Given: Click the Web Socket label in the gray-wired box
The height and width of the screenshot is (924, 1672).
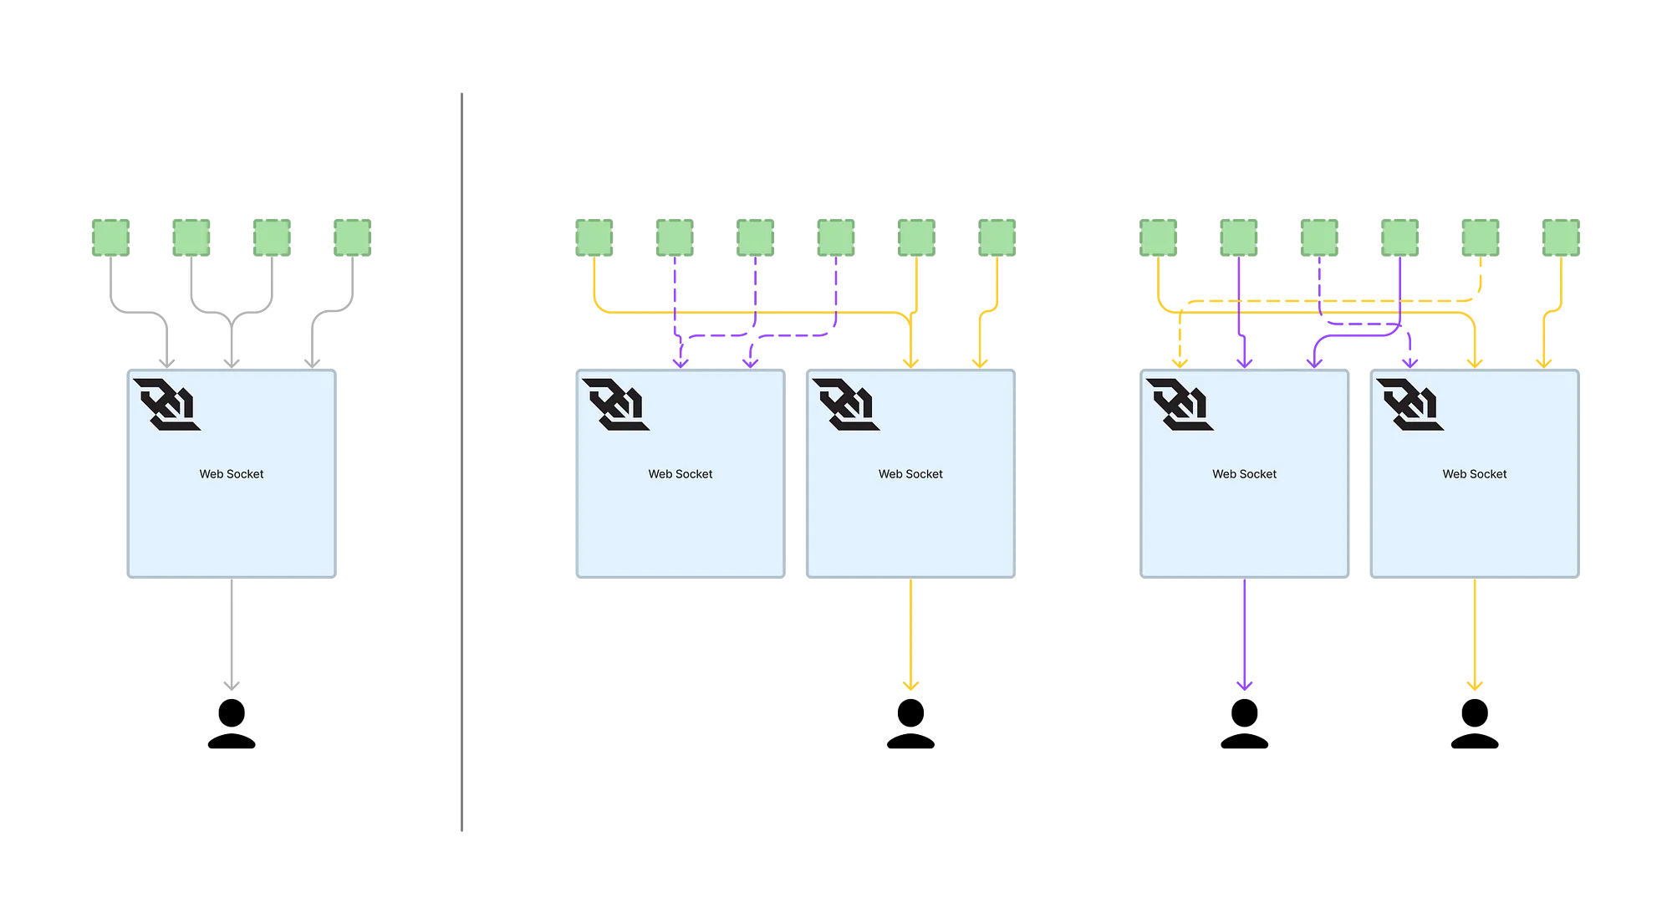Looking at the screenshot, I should (x=232, y=474).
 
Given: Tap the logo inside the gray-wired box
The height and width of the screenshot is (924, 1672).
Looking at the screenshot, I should (x=167, y=404).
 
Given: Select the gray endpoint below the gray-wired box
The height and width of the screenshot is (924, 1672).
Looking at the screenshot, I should (x=233, y=685).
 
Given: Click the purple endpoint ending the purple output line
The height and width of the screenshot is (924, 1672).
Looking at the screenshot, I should (x=1245, y=685).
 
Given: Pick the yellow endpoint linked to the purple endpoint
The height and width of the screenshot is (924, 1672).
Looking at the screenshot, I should (x=911, y=686).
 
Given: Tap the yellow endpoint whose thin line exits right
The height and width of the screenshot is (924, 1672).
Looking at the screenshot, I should (x=1475, y=686).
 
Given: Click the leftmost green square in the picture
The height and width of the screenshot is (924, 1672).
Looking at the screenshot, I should (x=110, y=237).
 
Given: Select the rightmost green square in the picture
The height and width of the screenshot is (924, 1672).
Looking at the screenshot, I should (x=1562, y=237).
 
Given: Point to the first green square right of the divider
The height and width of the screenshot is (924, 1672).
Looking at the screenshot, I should (x=592, y=237).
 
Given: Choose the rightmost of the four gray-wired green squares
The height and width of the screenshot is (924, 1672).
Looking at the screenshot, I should (x=351, y=237).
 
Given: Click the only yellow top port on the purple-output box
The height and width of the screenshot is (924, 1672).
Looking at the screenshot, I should (x=1179, y=361).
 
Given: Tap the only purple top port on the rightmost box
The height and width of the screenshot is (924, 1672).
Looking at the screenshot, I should (x=1410, y=361).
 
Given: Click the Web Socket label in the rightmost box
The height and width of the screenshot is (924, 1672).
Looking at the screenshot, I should (x=1475, y=474).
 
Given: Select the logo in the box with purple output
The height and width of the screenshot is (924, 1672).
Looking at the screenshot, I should (x=1180, y=404).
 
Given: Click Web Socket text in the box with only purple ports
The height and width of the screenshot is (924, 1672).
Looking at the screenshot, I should (x=681, y=474).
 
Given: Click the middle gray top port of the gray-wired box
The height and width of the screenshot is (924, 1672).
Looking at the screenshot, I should (x=232, y=361).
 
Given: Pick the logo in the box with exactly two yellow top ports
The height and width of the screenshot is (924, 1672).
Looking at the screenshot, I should (x=846, y=404).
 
